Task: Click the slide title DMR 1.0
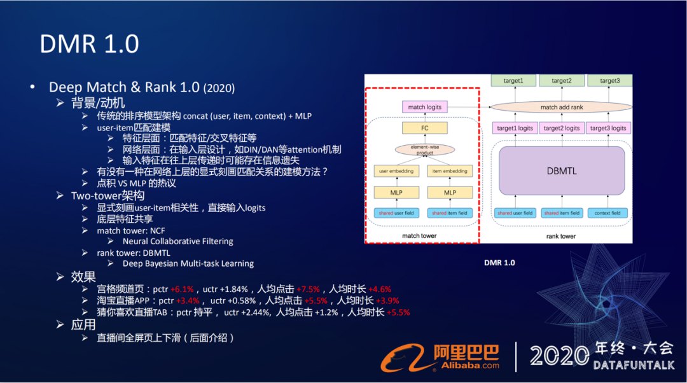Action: tap(89, 44)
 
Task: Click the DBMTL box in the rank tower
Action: tap(562, 171)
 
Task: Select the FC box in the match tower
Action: tap(425, 128)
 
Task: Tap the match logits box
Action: tap(425, 107)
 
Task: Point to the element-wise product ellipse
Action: tap(425, 150)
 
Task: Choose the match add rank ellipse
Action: tap(562, 108)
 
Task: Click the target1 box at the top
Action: tap(513, 81)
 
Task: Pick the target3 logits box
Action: tap(609, 128)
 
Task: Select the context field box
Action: tap(609, 213)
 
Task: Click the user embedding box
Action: tap(396, 171)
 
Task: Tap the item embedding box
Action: tap(450, 171)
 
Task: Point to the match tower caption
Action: tap(420, 236)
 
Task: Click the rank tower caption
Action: tap(561, 236)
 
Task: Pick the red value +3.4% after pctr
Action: tap(188, 300)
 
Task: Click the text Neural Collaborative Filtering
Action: tap(177, 242)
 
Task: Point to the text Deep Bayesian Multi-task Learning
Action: tap(188, 263)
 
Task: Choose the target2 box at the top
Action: tap(562, 81)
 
